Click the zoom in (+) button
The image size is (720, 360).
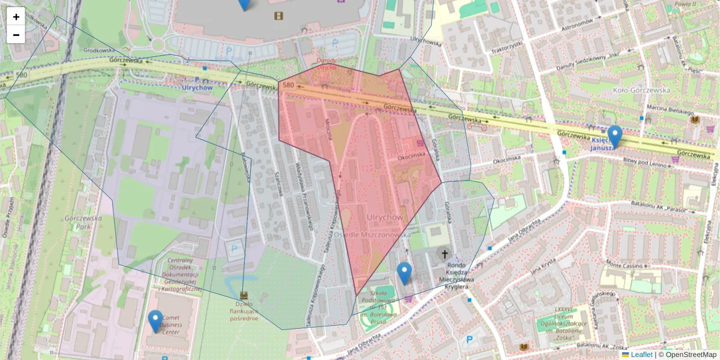click(16, 17)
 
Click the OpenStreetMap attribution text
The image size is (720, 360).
click(690, 355)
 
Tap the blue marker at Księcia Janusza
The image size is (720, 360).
click(614, 136)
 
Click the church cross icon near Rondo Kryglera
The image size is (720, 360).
click(445, 254)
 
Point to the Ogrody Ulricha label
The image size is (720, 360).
click(327, 64)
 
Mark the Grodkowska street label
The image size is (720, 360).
click(100, 50)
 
